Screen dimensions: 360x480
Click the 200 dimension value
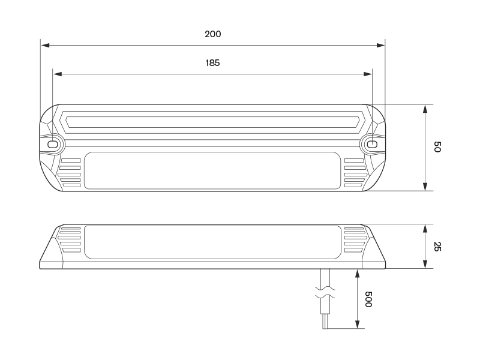pos(212,34)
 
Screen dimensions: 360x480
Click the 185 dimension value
pos(212,62)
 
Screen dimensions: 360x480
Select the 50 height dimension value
pos(437,147)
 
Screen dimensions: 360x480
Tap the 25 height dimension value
pos(437,246)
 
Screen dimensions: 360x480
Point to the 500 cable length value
pos(368,299)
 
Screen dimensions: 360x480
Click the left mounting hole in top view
pos(53,145)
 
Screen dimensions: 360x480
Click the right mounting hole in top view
pos(372,145)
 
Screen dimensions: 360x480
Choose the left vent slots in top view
pos(71,173)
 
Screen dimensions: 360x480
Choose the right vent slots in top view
pos(354,173)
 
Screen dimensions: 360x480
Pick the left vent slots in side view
pos(70,239)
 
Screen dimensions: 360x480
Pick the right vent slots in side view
pos(354,239)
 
